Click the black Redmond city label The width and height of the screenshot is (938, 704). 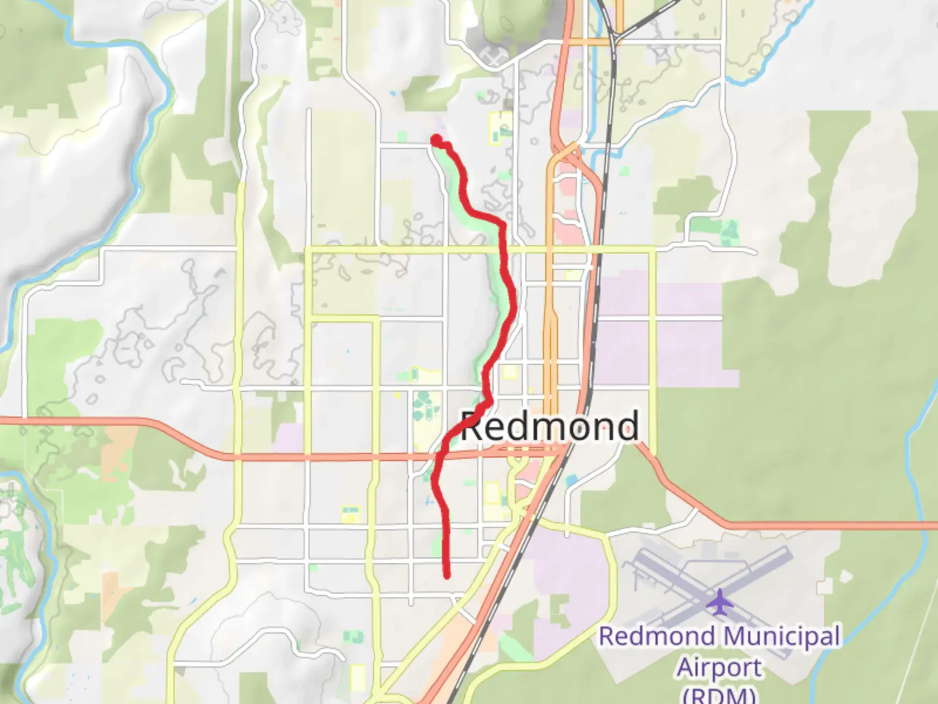(x=550, y=426)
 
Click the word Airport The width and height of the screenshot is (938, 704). (x=719, y=668)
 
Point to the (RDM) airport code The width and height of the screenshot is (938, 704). (x=719, y=695)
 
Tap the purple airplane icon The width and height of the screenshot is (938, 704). (x=719, y=602)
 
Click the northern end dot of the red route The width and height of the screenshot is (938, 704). (x=435, y=139)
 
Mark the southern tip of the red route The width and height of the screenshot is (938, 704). (x=447, y=575)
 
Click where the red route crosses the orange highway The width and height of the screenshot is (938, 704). (x=438, y=456)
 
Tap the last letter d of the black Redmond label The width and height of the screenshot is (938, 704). (x=627, y=426)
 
